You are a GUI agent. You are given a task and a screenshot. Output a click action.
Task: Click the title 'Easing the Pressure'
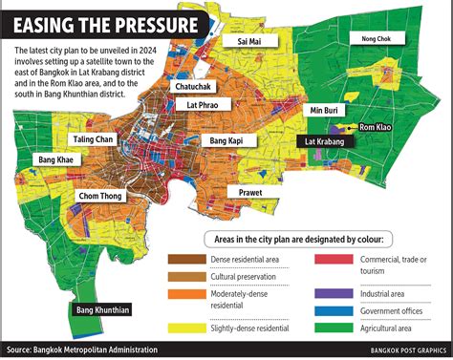click(x=107, y=24)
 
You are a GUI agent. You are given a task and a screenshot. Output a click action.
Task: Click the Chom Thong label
click(x=99, y=197)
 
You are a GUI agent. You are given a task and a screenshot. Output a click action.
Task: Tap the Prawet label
click(x=245, y=191)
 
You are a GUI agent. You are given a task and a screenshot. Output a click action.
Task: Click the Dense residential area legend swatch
click(x=183, y=259)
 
